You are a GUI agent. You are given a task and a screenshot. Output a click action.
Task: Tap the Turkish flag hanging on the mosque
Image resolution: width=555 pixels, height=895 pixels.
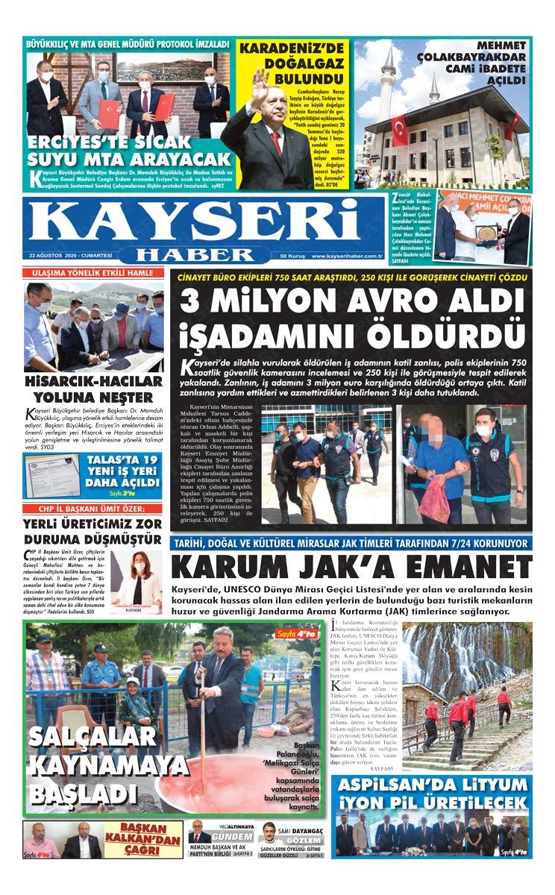click(400, 131)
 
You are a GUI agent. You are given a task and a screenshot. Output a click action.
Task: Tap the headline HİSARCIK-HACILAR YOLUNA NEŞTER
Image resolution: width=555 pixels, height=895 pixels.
click(94, 388)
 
